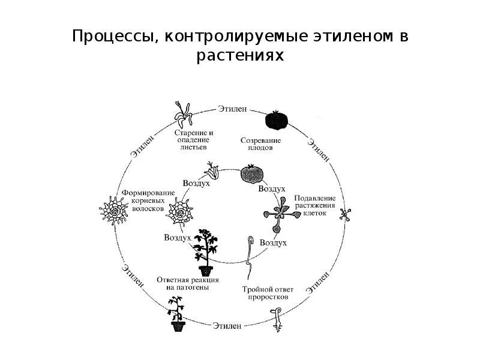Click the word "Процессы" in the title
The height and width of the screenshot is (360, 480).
click(x=112, y=36)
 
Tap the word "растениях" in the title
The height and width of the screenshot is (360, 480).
click(x=240, y=56)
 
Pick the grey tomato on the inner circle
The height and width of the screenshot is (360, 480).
click(x=251, y=174)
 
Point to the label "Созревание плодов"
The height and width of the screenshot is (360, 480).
click(x=260, y=143)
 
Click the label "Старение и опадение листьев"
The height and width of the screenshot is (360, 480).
click(x=194, y=139)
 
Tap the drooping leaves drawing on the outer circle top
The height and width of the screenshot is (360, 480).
click(x=181, y=112)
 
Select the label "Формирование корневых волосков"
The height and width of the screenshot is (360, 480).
click(x=149, y=200)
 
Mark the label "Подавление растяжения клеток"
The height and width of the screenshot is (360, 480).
click(x=314, y=206)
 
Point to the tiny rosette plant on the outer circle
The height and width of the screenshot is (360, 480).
click(x=346, y=214)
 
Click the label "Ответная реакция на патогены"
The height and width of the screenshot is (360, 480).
click(x=188, y=284)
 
